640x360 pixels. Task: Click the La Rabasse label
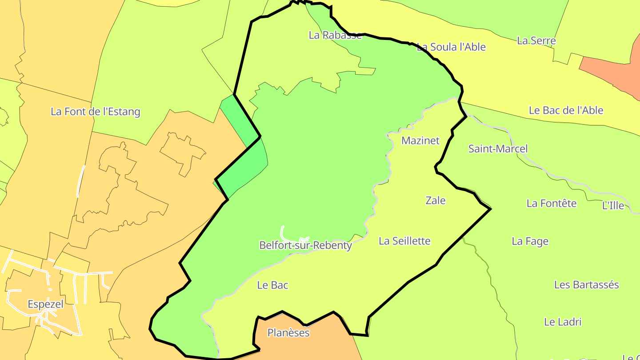[335, 35]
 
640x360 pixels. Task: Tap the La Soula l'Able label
[451, 47]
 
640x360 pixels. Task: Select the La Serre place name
[536, 40]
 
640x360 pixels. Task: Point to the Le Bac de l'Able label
[566, 110]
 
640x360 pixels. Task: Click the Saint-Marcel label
[498, 148]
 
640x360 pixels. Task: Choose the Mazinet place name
[420, 140]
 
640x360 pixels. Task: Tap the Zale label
[436, 200]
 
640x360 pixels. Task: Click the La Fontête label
[551, 203]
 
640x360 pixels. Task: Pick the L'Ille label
[613, 205]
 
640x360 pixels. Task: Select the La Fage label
[530, 241]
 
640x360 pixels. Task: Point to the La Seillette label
[404, 241]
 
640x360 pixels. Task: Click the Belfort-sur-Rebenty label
[305, 245]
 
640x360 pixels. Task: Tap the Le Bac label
[272, 285]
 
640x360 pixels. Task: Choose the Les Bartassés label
[586, 284]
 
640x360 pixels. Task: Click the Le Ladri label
[563, 322]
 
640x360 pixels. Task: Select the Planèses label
[288, 332]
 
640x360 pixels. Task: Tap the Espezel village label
[45, 304]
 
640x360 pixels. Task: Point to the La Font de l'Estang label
[95, 112]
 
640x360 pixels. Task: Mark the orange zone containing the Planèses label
[311, 347]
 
